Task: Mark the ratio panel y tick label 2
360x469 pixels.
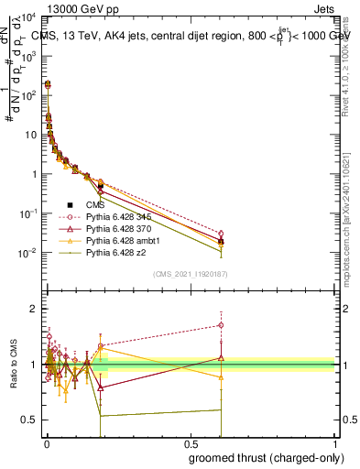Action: pyautogui.click(x=32, y=309)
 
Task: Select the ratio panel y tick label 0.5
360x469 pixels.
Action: pyautogui.click(x=28, y=420)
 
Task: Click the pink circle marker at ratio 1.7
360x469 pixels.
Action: pyautogui.click(x=221, y=325)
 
